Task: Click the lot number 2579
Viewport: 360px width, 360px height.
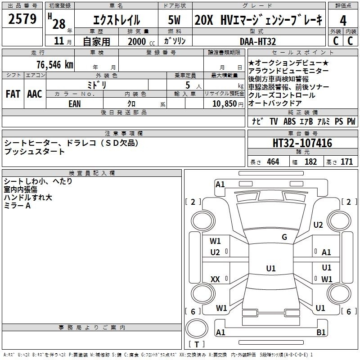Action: click(x=22, y=19)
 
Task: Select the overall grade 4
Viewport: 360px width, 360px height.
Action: click(x=343, y=21)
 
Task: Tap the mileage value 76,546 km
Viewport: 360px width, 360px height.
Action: click(x=55, y=65)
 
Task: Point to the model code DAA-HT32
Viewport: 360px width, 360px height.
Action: click(x=258, y=41)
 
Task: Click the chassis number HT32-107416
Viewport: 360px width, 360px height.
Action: click(x=302, y=143)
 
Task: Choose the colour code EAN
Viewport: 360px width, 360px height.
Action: click(x=75, y=104)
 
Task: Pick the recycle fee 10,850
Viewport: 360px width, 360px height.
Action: click(x=225, y=104)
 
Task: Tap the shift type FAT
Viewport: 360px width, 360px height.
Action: click(x=13, y=94)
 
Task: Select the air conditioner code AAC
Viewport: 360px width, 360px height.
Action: click(x=35, y=94)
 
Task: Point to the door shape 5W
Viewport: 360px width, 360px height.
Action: click(x=174, y=20)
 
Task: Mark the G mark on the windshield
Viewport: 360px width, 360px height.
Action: click(x=284, y=237)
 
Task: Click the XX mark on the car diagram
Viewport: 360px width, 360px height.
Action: click(x=215, y=279)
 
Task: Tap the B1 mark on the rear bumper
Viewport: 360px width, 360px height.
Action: click(x=321, y=332)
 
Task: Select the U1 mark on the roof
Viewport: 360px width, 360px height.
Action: click(x=271, y=268)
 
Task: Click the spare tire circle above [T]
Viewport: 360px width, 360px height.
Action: click(x=197, y=328)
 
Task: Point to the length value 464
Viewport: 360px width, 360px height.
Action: click(x=273, y=162)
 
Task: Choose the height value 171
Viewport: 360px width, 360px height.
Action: click(x=346, y=162)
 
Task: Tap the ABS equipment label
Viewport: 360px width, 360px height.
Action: click(x=289, y=121)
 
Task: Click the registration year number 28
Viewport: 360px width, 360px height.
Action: click(x=59, y=24)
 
